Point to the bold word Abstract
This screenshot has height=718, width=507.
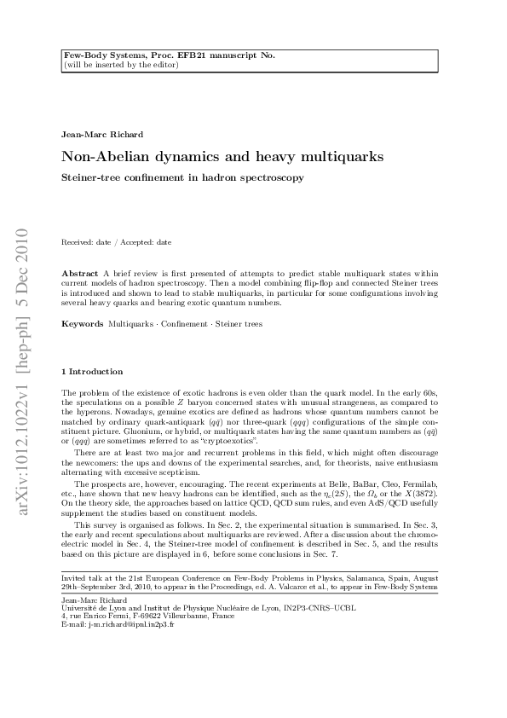(80, 271)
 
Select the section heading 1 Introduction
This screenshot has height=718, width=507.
(92, 371)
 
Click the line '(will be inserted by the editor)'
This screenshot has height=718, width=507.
(120, 64)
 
